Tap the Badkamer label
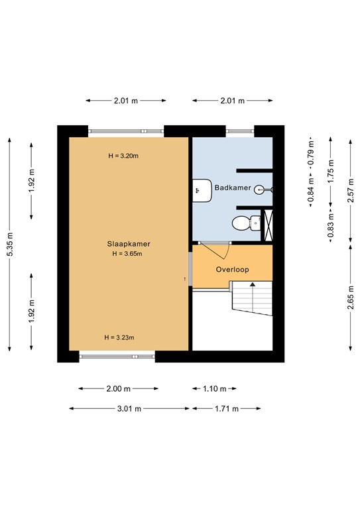point(232,188)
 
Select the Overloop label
point(232,270)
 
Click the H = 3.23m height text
point(119,337)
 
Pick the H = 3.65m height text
point(127,253)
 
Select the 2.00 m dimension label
point(119,389)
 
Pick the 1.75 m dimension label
point(331,172)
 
